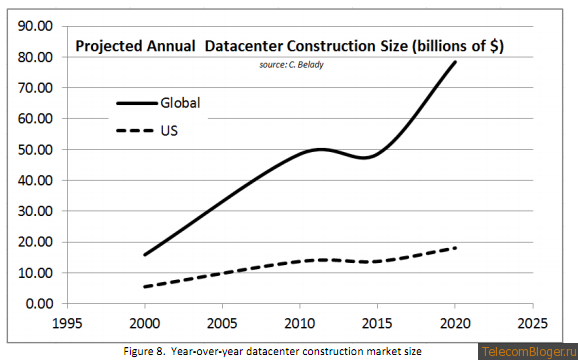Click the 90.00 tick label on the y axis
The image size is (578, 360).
[35, 27]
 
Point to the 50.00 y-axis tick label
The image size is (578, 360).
[35, 150]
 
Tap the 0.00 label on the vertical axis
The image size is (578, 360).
[38, 304]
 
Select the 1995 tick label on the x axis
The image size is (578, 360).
[67, 324]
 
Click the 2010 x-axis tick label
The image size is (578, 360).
[300, 324]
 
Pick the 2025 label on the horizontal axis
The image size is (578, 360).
[533, 324]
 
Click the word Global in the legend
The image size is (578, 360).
[180, 103]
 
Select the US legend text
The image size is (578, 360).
[169, 130]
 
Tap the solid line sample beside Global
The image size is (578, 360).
[137, 104]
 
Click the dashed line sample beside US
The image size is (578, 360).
[135, 130]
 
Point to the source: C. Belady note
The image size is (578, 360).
[291, 65]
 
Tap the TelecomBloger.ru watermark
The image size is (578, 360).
[530, 352]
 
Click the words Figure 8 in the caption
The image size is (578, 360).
[144, 351]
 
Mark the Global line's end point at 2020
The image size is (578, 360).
[455, 62]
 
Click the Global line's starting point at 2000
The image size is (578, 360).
[144, 255]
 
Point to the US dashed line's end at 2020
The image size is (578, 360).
[456, 248]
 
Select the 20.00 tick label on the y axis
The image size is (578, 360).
[35, 242]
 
